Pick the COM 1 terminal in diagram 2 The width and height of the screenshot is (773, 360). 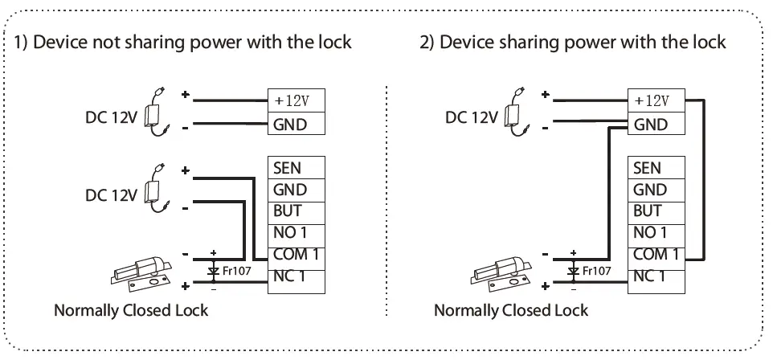[x=655, y=255]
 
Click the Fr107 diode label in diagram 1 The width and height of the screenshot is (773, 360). [x=237, y=271]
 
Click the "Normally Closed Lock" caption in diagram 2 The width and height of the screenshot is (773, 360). [x=511, y=310]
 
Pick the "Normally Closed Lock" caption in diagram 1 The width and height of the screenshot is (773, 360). [x=130, y=310]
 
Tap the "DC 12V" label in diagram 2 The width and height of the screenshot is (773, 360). [x=472, y=117]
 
